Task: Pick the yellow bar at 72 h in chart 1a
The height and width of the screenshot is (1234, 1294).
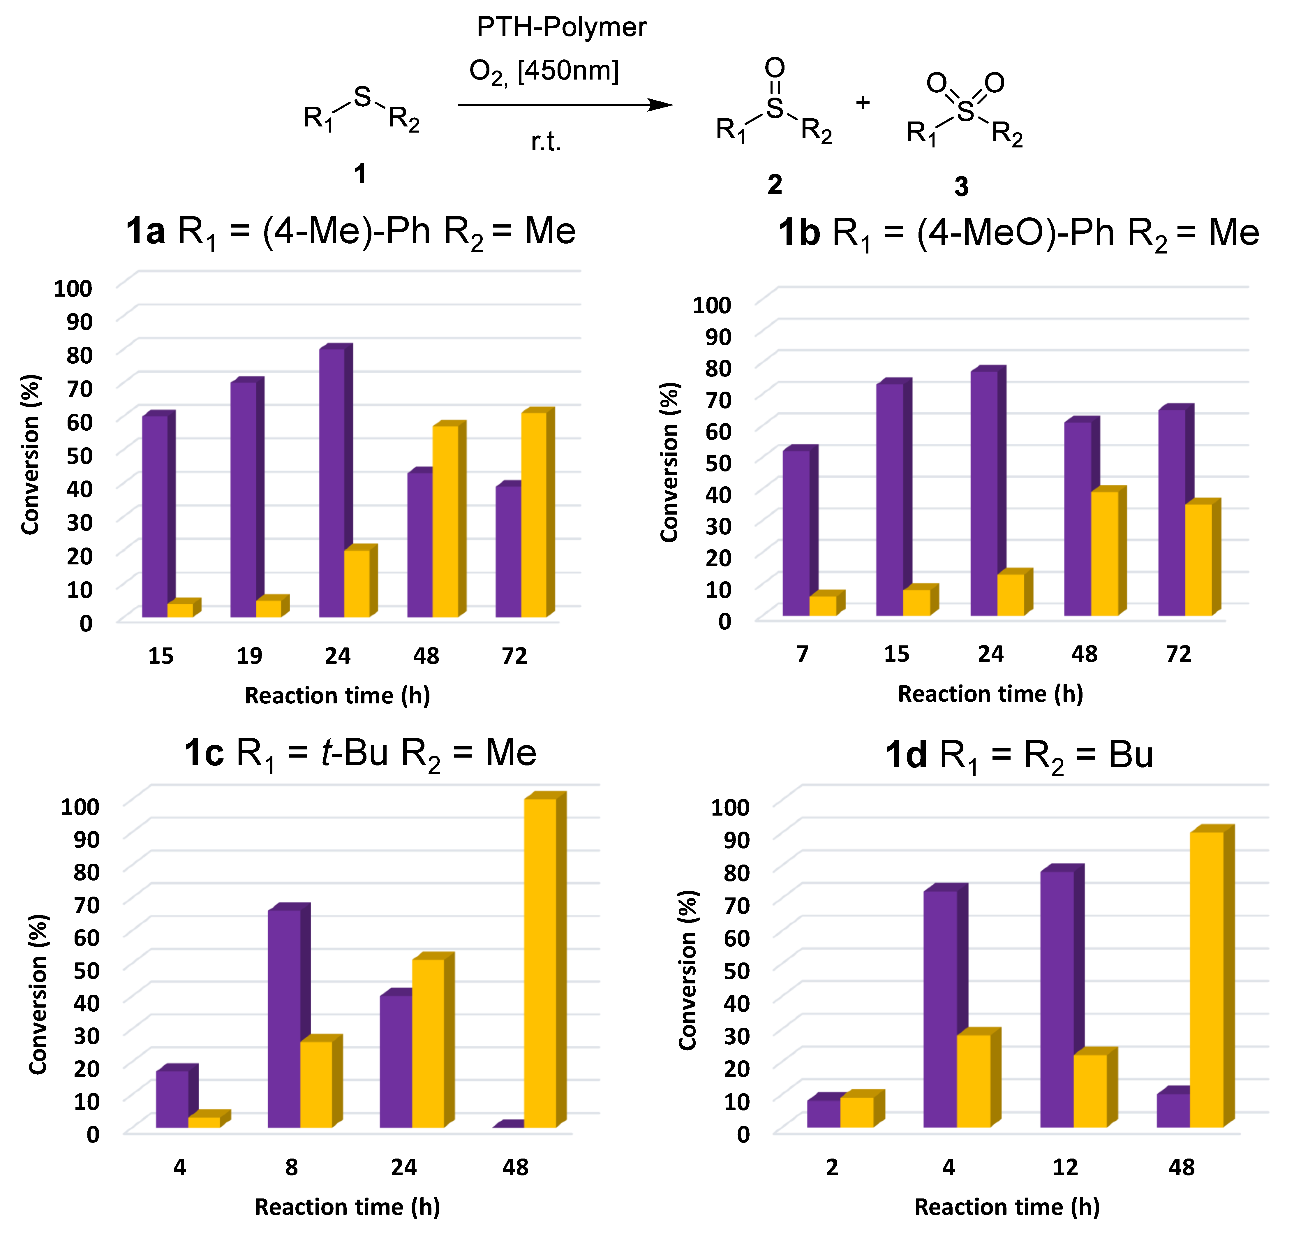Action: [534, 514]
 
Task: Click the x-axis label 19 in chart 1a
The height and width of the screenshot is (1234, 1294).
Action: [249, 656]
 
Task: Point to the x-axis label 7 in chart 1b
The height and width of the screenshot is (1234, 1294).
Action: [802, 654]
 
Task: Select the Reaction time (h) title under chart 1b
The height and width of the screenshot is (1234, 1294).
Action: [990, 693]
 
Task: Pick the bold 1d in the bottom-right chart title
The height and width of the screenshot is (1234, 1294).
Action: [906, 754]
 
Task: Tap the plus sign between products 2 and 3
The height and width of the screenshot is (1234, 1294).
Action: [863, 103]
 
